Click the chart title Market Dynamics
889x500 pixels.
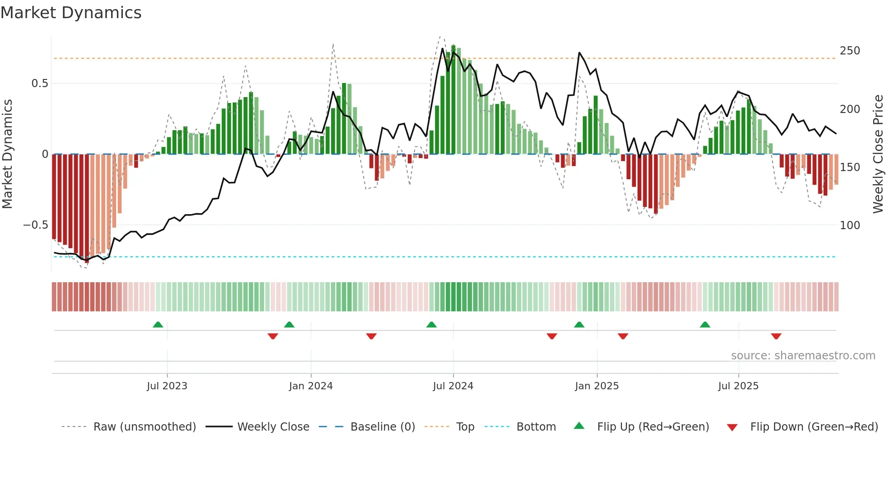coord(71,13)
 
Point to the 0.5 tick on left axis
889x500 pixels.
coord(39,83)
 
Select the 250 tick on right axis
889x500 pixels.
coord(850,51)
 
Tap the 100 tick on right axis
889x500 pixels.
coord(850,225)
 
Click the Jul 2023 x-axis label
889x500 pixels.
coord(167,386)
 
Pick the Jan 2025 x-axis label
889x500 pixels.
coord(596,386)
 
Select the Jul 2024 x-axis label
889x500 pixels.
coord(453,386)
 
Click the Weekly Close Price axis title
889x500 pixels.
coord(878,154)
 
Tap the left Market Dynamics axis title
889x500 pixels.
coord(7,154)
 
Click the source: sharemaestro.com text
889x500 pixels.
coord(803,356)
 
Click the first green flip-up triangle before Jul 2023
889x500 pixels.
coord(158,325)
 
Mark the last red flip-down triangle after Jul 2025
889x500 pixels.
coord(776,336)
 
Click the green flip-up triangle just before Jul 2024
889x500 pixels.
coord(431,325)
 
